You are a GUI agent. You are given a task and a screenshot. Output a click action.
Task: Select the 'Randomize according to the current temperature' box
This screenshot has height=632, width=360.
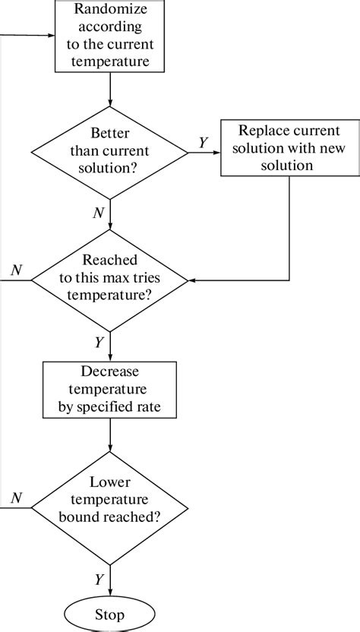[112, 36]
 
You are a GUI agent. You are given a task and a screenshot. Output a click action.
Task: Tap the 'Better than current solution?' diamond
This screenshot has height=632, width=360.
[112, 152]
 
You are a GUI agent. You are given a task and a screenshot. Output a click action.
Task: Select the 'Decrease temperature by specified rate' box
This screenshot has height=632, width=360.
[112, 390]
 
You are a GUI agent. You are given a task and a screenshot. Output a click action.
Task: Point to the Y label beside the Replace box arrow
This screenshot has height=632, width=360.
[203, 143]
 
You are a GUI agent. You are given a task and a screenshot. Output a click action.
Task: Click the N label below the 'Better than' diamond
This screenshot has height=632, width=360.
[98, 213]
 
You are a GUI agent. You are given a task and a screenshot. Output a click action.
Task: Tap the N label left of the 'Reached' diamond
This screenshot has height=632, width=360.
[16, 270]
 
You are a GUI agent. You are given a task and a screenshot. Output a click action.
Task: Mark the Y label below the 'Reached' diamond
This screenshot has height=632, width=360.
[99, 343]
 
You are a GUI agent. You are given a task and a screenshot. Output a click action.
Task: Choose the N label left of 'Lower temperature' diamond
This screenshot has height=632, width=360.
[16, 498]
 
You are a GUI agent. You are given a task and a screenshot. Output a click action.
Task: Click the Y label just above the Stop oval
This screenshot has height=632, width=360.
[99, 580]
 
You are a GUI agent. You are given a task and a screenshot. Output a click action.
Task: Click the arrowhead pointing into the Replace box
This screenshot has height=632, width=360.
[216, 152]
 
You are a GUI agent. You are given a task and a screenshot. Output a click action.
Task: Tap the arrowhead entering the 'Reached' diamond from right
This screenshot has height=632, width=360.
[192, 280]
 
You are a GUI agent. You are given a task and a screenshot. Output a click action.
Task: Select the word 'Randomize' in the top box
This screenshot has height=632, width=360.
[112, 9]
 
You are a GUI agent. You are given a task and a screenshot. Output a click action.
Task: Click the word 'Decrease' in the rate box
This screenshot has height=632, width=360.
[112, 371]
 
